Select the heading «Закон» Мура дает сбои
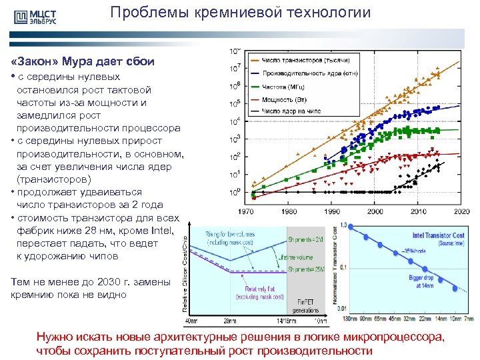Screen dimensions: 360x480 coord(83,61)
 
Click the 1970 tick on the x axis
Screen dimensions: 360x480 coord(247,211)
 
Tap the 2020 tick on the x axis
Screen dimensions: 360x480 coord(461,211)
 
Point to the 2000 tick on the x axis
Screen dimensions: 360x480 coord(375,211)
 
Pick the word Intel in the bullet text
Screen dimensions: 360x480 coord(163,231)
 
